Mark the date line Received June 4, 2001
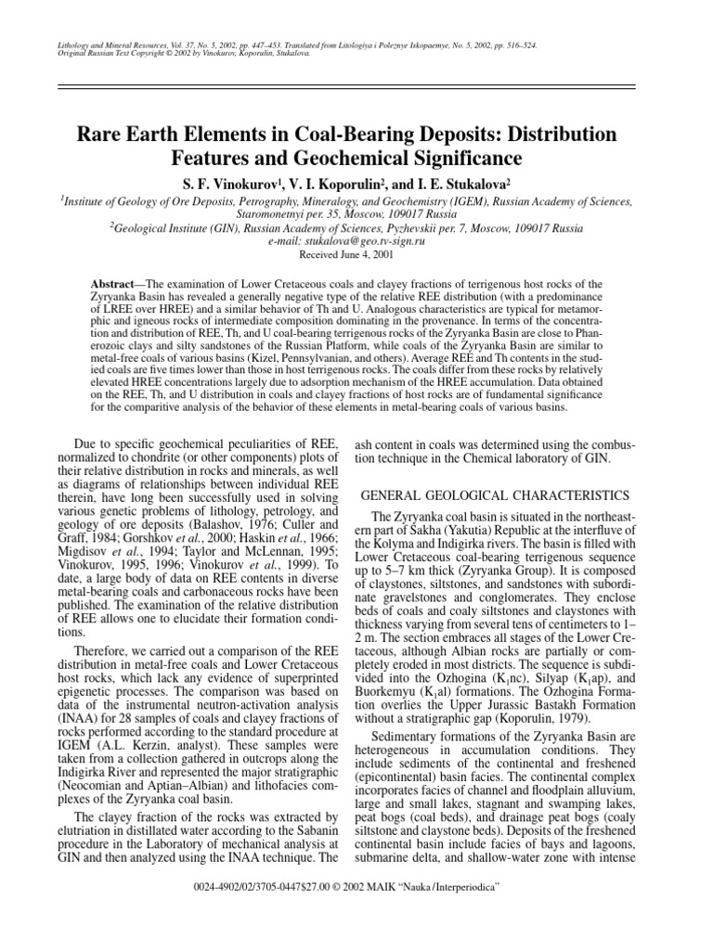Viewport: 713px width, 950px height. coord(356,254)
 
